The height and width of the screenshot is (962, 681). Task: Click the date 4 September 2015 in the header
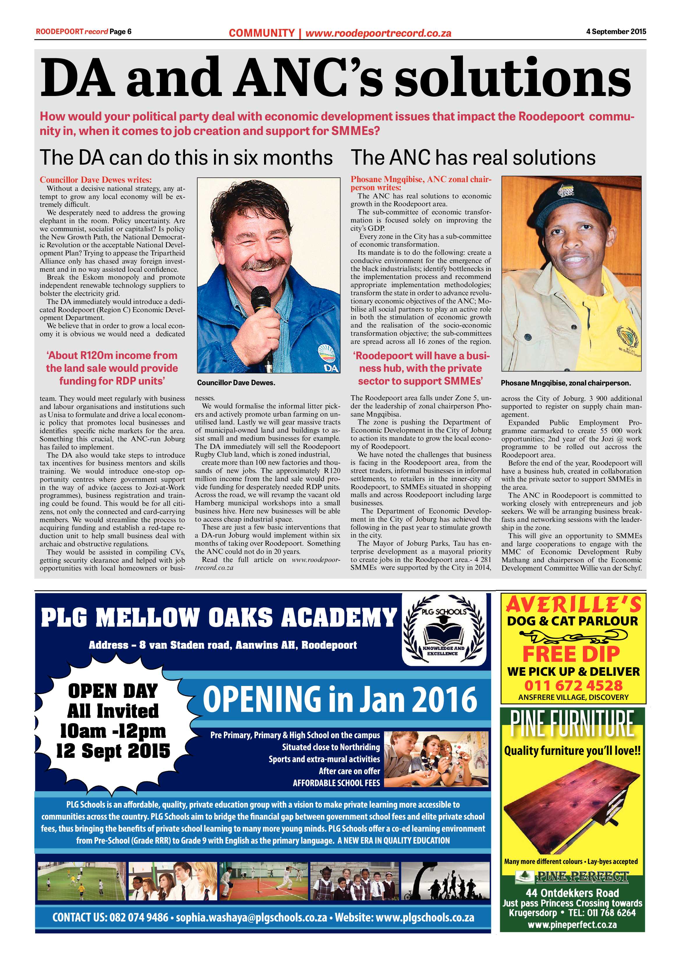point(616,31)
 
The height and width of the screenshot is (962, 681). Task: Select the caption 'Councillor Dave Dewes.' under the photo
point(236,383)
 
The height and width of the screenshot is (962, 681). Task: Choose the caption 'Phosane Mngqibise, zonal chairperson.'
point(566,383)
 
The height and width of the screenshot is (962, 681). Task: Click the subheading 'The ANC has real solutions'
point(473,158)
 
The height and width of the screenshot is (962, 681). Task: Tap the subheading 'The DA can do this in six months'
point(186,158)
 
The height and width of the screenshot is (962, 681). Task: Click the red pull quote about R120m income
point(112,368)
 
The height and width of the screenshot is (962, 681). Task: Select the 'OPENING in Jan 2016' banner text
point(340,699)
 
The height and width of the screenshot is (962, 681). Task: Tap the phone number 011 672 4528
point(573,686)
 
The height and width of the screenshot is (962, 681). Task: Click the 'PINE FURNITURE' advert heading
point(572,723)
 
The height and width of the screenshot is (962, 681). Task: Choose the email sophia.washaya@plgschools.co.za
point(251,917)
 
